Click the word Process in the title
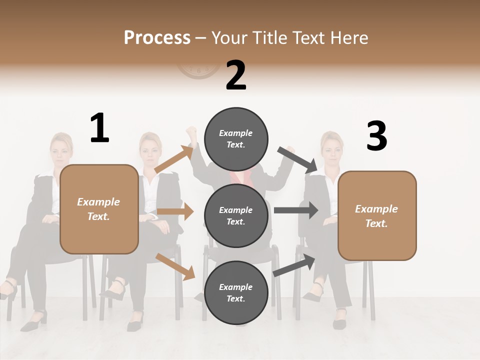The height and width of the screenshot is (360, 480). coord(157,37)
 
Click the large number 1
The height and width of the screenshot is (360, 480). coord(99,128)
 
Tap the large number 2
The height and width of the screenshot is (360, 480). coord(236,75)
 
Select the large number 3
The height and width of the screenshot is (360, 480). coord(376,136)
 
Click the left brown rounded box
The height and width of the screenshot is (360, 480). coord(99,209)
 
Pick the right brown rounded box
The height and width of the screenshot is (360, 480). coord(377,216)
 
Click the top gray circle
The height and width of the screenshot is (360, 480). coord(236,139)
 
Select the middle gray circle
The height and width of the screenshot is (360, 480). coord(236,216)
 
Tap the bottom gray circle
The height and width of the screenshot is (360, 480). coord(236,293)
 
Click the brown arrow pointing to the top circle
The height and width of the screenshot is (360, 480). coord(174,159)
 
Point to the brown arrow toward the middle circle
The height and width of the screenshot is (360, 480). coord(175,211)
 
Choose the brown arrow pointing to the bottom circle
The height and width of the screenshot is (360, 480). coord(175,266)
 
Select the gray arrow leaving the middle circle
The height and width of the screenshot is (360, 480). coord(296,210)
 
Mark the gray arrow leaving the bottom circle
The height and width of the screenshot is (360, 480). coord(294,264)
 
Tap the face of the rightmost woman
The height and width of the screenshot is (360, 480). coord(331,148)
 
